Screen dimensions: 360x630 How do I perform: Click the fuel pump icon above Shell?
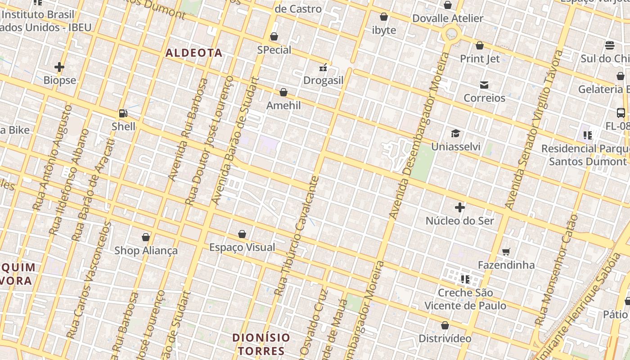[123, 113]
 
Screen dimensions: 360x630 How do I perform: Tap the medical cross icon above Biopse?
[59, 67]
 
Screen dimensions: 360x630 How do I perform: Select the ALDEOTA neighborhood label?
[194, 53]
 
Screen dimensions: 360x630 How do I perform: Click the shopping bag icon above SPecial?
[274, 36]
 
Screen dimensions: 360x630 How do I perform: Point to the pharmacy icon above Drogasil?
[323, 67]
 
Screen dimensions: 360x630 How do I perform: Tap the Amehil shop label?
[283, 105]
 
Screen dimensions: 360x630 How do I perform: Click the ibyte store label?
[384, 30]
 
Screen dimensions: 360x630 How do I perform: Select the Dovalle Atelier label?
[447, 18]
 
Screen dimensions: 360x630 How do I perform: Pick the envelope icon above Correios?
[484, 85]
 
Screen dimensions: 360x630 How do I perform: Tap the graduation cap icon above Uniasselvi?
[455, 134]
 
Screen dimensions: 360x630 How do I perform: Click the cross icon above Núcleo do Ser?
[459, 207]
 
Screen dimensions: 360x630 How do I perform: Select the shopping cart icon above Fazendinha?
[506, 252]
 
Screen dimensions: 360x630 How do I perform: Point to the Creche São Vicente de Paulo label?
[465, 299]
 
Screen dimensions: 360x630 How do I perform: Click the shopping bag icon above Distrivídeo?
[445, 325]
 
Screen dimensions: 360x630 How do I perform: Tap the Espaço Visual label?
[242, 247]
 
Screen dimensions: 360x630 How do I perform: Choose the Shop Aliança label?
[146, 250]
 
